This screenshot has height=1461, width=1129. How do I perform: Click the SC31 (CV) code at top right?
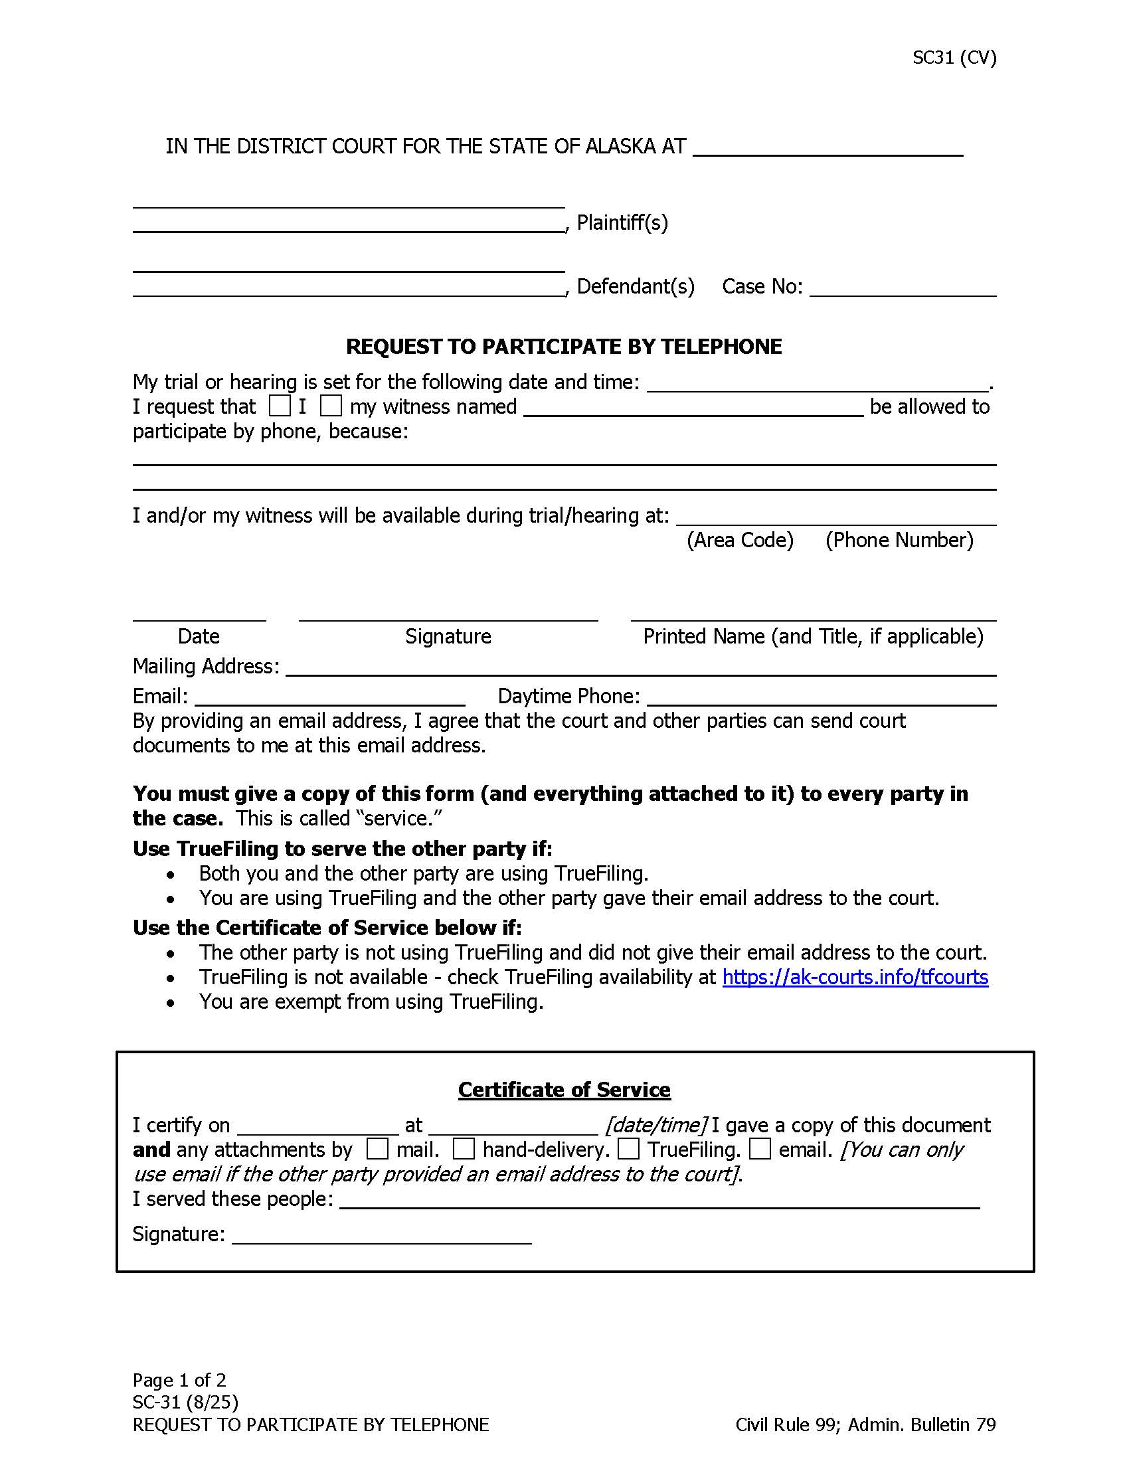pyautogui.click(x=954, y=58)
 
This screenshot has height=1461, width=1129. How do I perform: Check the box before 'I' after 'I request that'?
pyautogui.click(x=280, y=405)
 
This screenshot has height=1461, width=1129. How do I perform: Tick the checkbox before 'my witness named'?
pyautogui.click(x=331, y=405)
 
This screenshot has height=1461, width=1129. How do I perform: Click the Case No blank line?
pyautogui.click(x=903, y=288)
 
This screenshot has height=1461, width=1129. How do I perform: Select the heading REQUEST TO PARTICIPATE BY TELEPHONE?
pyautogui.click(x=564, y=347)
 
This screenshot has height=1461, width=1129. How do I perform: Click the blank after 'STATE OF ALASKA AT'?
pyautogui.click(x=827, y=147)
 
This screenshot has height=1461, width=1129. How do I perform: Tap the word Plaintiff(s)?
pyautogui.click(x=622, y=222)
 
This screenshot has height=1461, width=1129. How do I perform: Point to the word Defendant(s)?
pyautogui.click(x=636, y=286)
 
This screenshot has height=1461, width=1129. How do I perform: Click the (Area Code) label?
pyautogui.click(x=740, y=540)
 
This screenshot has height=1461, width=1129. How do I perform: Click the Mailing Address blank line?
pyautogui.click(x=641, y=667)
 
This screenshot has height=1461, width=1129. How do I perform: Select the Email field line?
pyautogui.click(x=330, y=697)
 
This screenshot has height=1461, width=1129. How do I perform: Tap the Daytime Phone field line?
pyautogui.click(x=822, y=697)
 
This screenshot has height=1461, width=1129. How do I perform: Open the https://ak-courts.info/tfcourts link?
pyautogui.click(x=855, y=978)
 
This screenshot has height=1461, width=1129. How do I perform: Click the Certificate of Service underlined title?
pyautogui.click(x=564, y=1090)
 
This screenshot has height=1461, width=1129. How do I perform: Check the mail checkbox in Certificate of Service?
pyautogui.click(x=377, y=1150)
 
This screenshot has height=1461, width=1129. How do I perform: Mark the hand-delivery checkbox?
pyautogui.click(x=464, y=1150)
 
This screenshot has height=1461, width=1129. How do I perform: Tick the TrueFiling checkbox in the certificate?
pyautogui.click(x=628, y=1150)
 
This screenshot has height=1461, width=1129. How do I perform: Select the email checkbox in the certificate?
pyautogui.click(x=760, y=1150)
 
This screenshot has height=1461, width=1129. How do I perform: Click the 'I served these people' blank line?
pyautogui.click(x=659, y=1200)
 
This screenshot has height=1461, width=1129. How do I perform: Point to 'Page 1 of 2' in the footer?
pyautogui.click(x=179, y=1380)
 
